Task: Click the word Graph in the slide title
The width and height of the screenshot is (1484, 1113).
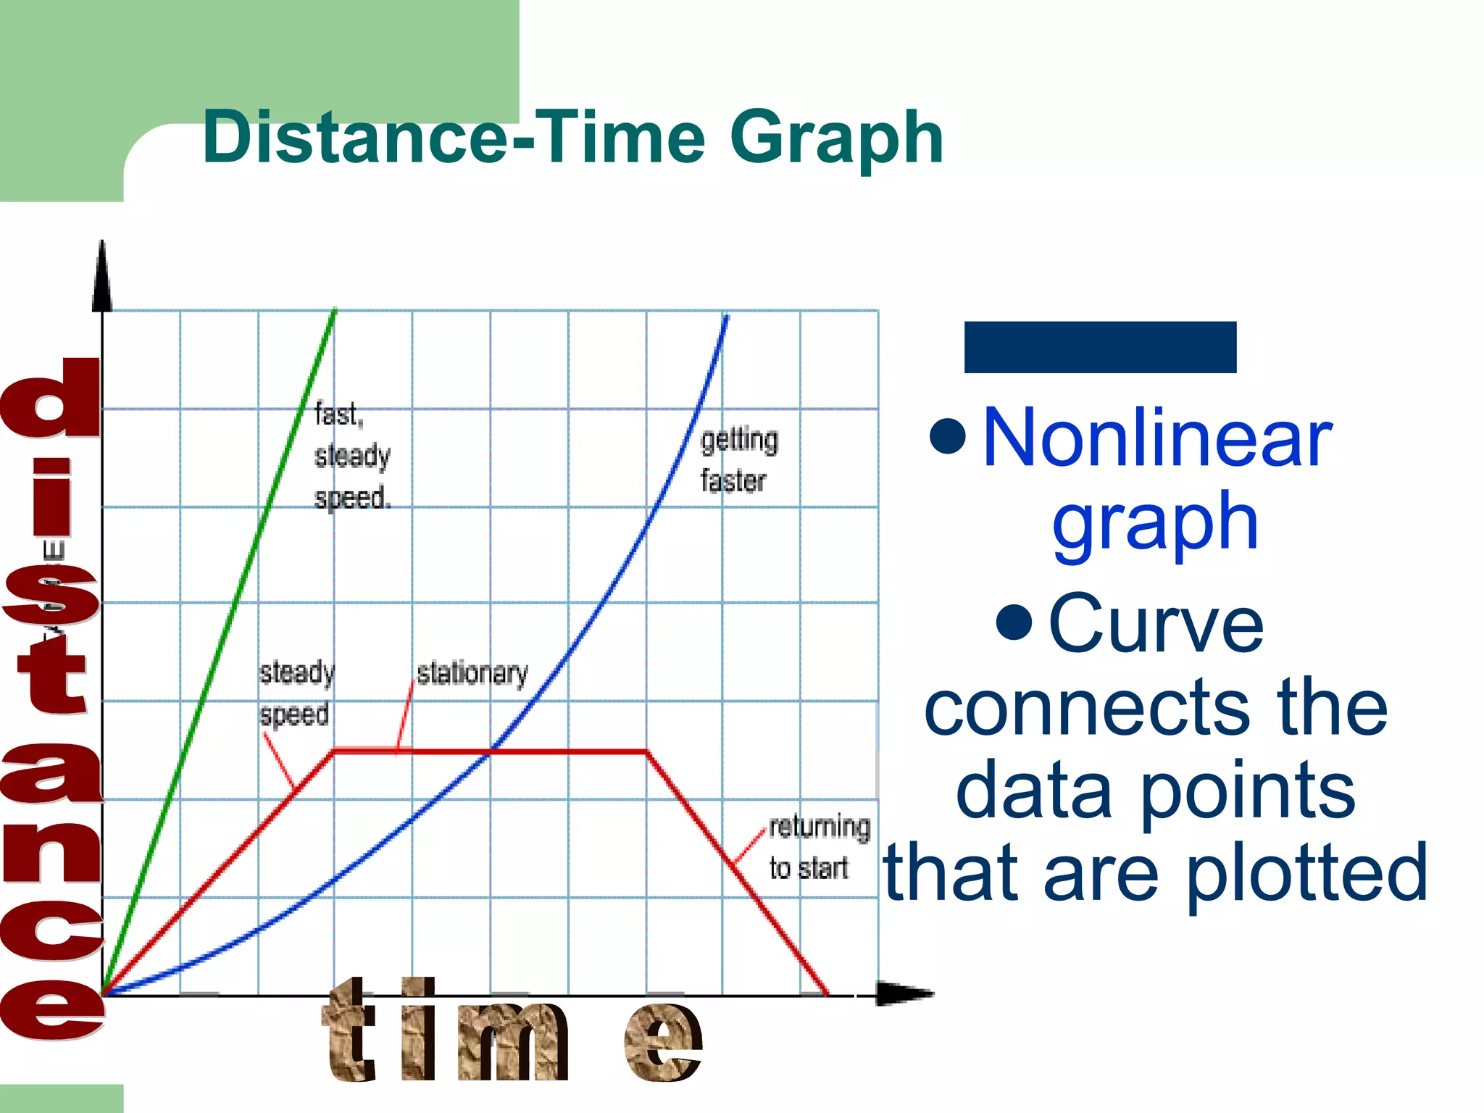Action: coord(836,138)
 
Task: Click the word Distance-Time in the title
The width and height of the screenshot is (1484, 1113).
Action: coord(454,138)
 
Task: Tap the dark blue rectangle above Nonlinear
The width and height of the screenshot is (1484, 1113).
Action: coord(1099,347)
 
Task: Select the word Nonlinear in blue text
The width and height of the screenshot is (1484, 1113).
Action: coord(1156,438)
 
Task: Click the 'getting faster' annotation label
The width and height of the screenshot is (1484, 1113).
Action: coord(738,460)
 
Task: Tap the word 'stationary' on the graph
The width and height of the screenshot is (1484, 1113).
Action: coord(472,673)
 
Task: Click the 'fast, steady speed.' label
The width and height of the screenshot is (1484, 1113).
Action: coord(352,456)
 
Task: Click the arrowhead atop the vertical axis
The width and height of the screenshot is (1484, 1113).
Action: coord(102,279)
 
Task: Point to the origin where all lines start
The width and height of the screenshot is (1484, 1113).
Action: coord(103,994)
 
